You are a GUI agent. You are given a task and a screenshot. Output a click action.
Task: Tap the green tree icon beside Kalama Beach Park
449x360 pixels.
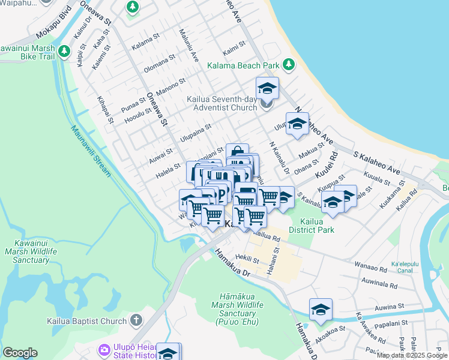289,64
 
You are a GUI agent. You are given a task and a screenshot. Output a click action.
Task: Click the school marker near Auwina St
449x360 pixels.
321,310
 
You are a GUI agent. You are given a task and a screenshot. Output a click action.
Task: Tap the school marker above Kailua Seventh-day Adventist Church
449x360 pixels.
267,89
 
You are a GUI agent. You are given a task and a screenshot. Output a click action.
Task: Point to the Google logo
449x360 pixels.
20,352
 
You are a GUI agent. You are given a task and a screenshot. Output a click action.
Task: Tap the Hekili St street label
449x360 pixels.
247,259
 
